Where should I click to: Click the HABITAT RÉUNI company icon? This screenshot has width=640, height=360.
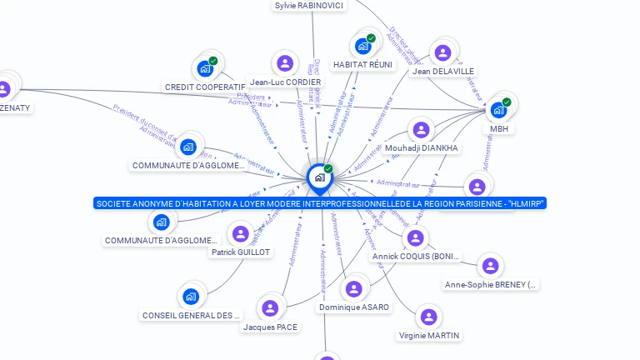pyautogui.click(x=362, y=46)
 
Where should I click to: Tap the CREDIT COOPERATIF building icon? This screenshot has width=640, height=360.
pyautogui.click(x=205, y=69)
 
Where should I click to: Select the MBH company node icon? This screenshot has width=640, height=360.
pyautogui.click(x=498, y=109)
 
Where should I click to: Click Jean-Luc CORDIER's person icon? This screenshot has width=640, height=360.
pyautogui.click(x=285, y=63)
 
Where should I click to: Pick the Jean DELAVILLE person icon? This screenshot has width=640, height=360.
pyautogui.click(x=443, y=53)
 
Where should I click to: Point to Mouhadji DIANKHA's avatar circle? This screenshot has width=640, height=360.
pyautogui.click(x=421, y=130)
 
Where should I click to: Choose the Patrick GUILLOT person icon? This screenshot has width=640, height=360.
pyautogui.click(x=241, y=234)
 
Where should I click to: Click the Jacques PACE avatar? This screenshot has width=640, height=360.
pyautogui.click(x=270, y=308)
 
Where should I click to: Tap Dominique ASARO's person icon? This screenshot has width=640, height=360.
pyautogui.click(x=354, y=288)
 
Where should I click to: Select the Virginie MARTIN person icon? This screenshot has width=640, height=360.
pyautogui.click(x=428, y=317)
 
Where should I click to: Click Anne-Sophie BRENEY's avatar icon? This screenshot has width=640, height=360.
pyautogui.click(x=491, y=266)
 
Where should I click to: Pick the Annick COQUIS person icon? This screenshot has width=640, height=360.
pyautogui.click(x=416, y=238)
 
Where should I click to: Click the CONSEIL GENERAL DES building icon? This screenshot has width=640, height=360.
pyautogui.click(x=191, y=297)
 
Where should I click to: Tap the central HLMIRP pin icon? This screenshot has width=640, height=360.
pyautogui.click(x=319, y=177)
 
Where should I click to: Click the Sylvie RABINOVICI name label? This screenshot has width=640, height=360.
pyautogui.click(x=309, y=6)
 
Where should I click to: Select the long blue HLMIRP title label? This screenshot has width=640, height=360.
pyautogui.click(x=321, y=203)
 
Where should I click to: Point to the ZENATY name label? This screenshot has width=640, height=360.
pyautogui.click(x=15, y=108)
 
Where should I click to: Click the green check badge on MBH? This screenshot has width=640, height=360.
pyautogui.click(x=507, y=102)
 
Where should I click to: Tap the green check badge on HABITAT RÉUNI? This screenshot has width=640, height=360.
pyautogui.click(x=371, y=38)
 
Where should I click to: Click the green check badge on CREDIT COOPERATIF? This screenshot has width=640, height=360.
pyautogui.click(x=213, y=61)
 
